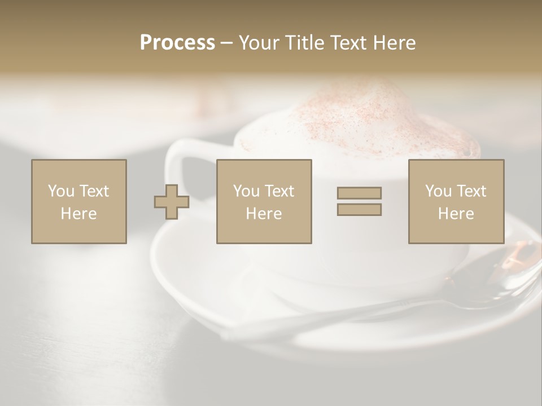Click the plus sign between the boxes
(172, 202)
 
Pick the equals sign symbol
(359, 201)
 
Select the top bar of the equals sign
(359, 193)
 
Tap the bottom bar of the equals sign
(359, 210)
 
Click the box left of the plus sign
(78, 201)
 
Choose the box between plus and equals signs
(264, 201)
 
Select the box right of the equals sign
(456, 201)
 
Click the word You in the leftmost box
(61, 191)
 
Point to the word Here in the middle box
(264, 214)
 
